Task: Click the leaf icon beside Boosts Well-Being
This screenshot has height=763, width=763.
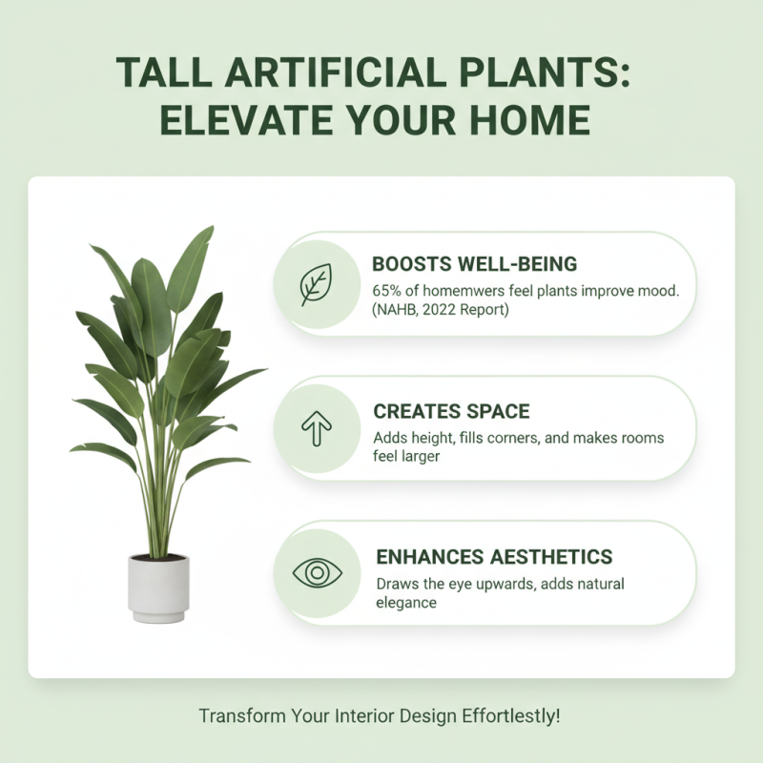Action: coord(315,284)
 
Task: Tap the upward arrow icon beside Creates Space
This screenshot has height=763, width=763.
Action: coord(315,429)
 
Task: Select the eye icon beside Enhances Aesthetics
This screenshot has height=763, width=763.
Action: coord(315,573)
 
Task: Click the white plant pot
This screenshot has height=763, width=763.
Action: coord(158,588)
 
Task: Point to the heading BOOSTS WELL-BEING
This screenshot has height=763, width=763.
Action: coord(474,263)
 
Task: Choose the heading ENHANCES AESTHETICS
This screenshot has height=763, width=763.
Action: coord(493,557)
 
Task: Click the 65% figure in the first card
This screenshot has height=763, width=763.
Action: coord(388,290)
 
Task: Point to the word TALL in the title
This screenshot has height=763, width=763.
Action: coord(160,73)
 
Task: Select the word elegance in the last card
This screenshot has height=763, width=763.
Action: coord(405,603)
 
